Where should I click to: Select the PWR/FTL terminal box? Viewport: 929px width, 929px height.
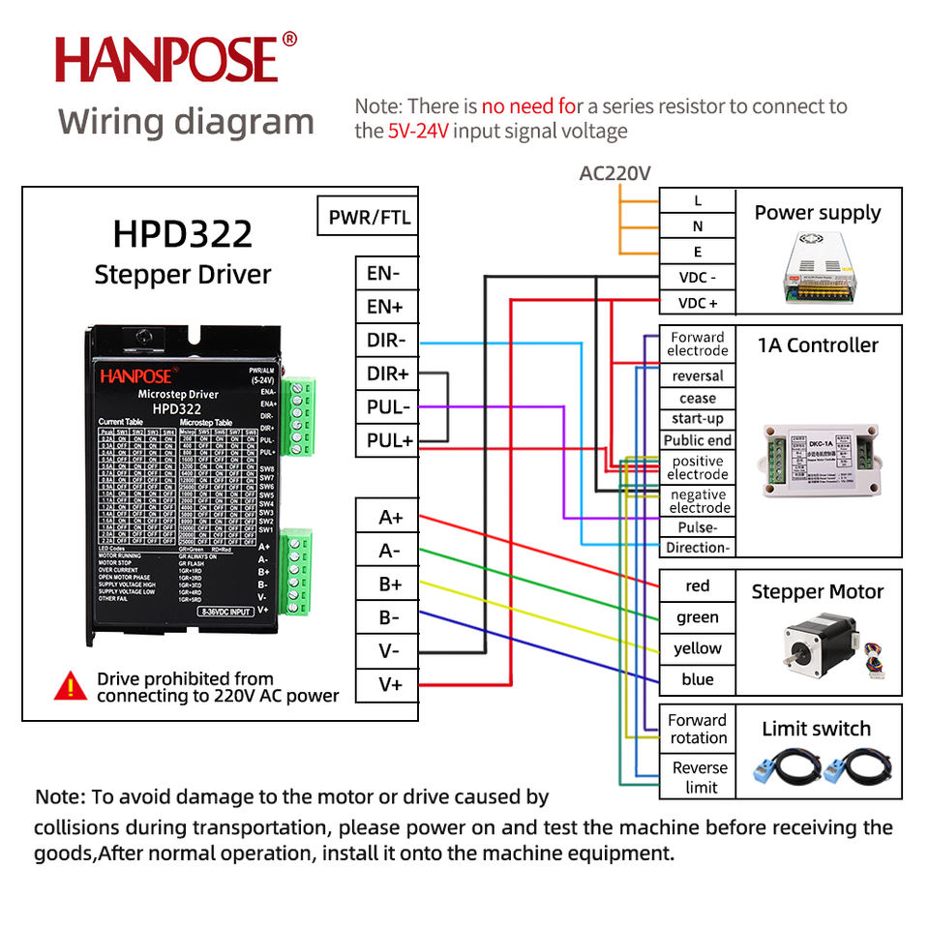click(x=369, y=217)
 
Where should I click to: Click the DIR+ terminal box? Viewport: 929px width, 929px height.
click(x=387, y=374)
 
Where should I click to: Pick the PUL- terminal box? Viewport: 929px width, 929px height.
click(x=387, y=407)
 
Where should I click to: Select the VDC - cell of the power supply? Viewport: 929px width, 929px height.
click(x=698, y=278)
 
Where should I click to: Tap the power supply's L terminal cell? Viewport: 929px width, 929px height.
click(x=698, y=201)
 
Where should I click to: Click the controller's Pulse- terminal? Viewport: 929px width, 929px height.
click(x=698, y=528)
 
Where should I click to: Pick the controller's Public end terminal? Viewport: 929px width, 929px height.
click(x=698, y=440)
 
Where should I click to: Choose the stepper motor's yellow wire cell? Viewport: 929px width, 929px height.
click(x=698, y=648)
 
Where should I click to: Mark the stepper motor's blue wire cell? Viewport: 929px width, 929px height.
click(x=698, y=679)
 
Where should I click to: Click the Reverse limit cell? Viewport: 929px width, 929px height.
click(x=698, y=777)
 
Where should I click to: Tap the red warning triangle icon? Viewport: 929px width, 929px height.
click(x=71, y=687)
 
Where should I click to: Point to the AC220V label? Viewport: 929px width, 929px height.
click(x=614, y=173)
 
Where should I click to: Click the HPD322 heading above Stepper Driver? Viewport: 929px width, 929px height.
click(x=183, y=234)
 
